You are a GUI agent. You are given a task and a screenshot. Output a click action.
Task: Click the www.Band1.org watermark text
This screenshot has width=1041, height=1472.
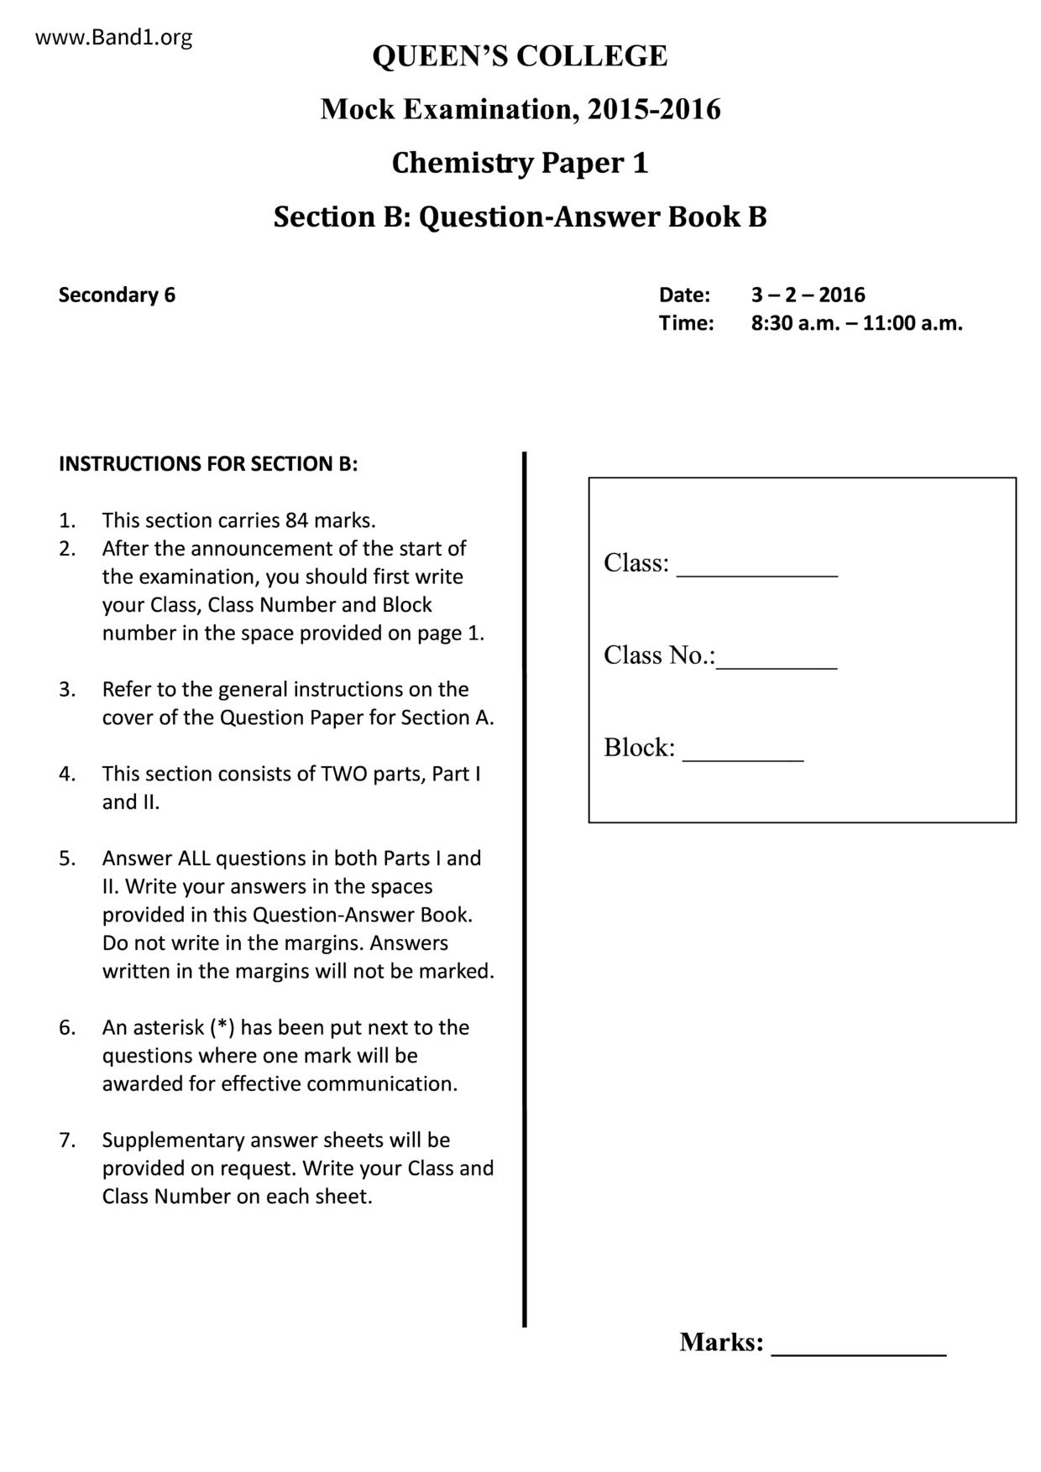click(114, 38)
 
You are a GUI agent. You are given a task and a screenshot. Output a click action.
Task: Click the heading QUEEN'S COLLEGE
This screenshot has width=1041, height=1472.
click(520, 56)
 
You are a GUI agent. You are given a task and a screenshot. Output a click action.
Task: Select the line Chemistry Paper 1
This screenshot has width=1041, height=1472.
click(520, 163)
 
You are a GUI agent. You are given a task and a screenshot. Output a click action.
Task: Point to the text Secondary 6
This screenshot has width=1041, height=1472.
click(117, 295)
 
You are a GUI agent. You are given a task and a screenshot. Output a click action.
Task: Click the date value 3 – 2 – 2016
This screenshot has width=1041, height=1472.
click(808, 295)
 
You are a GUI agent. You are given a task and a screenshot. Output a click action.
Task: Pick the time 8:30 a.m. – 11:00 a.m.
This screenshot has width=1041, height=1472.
click(856, 323)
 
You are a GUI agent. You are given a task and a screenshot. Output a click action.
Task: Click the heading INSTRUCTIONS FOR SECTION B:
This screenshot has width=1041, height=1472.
click(208, 464)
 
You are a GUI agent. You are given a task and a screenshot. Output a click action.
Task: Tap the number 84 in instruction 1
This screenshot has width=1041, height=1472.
click(297, 520)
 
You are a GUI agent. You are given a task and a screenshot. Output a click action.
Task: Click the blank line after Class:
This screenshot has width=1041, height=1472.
click(756, 574)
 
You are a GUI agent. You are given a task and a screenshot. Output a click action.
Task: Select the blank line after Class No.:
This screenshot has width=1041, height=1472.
click(777, 666)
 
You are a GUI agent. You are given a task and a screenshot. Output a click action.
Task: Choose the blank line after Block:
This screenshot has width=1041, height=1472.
click(743, 759)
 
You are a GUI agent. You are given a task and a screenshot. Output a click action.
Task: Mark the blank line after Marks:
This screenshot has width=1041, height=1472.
click(858, 1353)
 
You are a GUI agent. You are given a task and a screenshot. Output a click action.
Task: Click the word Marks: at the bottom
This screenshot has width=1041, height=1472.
click(721, 1342)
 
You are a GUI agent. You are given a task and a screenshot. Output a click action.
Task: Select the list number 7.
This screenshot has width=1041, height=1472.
click(67, 1141)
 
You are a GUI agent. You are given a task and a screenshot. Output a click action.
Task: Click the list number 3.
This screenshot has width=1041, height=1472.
click(67, 690)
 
